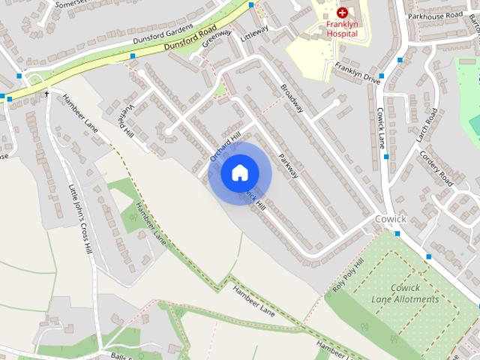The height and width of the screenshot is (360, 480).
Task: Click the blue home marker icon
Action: pyautogui.click(x=239, y=172)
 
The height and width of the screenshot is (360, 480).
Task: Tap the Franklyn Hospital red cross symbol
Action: pyautogui.click(x=342, y=13)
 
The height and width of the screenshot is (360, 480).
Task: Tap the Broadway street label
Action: pyautogui.click(x=292, y=98)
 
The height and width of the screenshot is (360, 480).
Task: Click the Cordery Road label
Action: pyautogui.click(x=436, y=168)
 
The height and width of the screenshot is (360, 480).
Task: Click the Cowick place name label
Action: pyautogui.click(x=389, y=218)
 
